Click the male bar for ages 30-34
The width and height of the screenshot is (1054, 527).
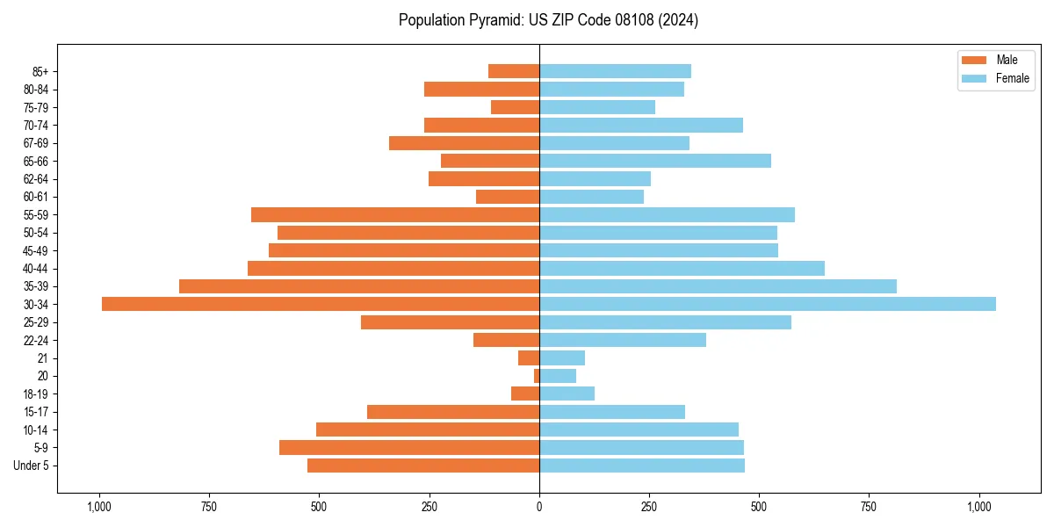pos(321,304)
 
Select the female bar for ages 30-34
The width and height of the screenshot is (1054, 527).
pos(768,304)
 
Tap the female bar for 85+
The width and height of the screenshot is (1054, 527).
pos(615,71)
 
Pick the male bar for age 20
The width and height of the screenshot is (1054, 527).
pos(537,376)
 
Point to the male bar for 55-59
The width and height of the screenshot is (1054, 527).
pos(395,214)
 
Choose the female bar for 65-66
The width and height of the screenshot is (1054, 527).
pos(655,161)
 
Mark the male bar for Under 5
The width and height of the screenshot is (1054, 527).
pos(423,466)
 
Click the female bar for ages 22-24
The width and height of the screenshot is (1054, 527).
pos(623,340)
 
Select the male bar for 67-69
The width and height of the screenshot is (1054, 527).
pos(464,143)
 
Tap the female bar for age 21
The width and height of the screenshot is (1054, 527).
pos(562,358)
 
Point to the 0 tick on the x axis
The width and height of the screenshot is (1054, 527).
pos(539,507)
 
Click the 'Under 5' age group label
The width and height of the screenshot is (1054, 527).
pos(31,466)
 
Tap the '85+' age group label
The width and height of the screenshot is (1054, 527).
pos(40,71)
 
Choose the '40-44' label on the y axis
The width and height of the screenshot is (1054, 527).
pos(36,269)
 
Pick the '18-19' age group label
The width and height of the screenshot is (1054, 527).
pos(36,394)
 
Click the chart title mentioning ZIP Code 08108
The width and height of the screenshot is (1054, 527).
pos(548,20)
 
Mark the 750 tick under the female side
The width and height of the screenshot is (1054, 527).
pos(870,507)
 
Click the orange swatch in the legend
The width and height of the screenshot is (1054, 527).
pos(974,60)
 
